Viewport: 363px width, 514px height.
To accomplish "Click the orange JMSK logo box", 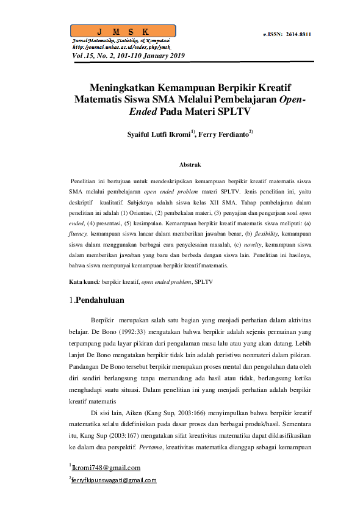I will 123,31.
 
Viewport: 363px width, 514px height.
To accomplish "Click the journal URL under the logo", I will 121,46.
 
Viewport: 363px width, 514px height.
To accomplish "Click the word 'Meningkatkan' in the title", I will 125,87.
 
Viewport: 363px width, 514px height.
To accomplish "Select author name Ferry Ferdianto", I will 224,134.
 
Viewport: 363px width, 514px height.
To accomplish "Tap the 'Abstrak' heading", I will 190,165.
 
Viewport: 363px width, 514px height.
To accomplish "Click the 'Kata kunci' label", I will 85,283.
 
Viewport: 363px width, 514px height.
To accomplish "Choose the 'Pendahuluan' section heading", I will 100,300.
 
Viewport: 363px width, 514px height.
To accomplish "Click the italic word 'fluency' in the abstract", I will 79,233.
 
